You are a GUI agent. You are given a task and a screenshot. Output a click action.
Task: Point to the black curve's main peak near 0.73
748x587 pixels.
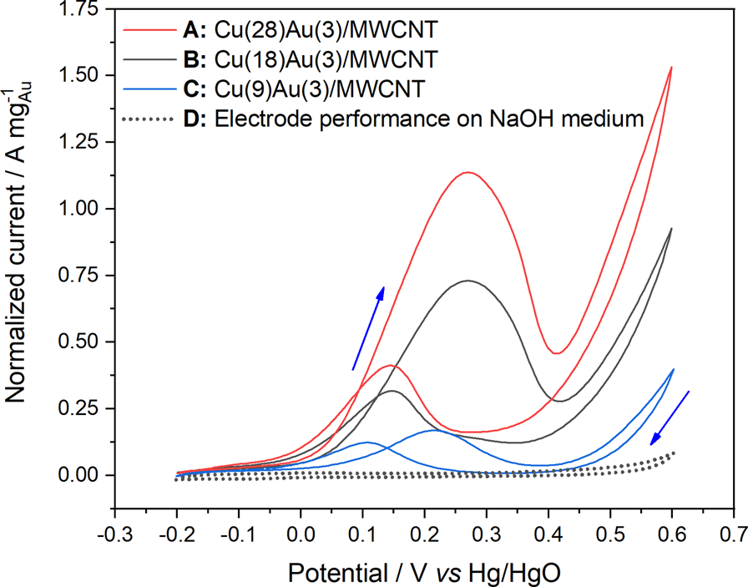(x=468, y=281)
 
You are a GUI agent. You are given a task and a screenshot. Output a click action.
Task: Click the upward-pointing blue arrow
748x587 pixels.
(x=368, y=327)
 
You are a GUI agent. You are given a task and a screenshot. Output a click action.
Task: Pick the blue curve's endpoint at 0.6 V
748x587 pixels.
(x=673, y=369)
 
